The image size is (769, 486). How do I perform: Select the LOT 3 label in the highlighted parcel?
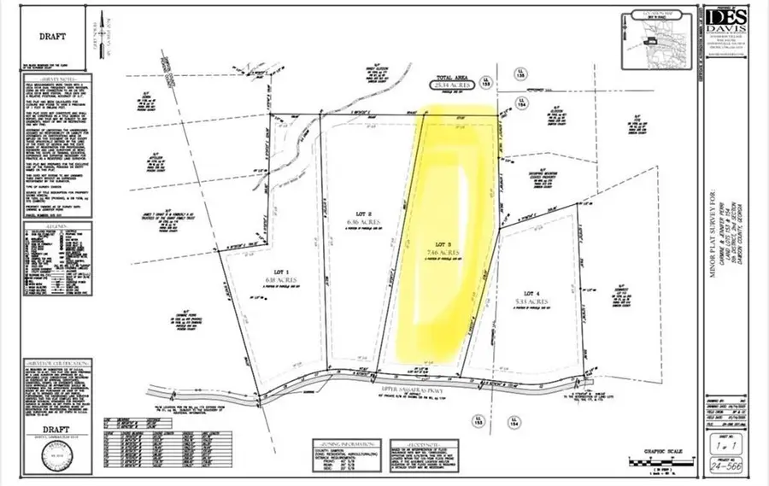(x=443, y=244)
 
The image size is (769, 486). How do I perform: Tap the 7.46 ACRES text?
(x=443, y=253)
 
